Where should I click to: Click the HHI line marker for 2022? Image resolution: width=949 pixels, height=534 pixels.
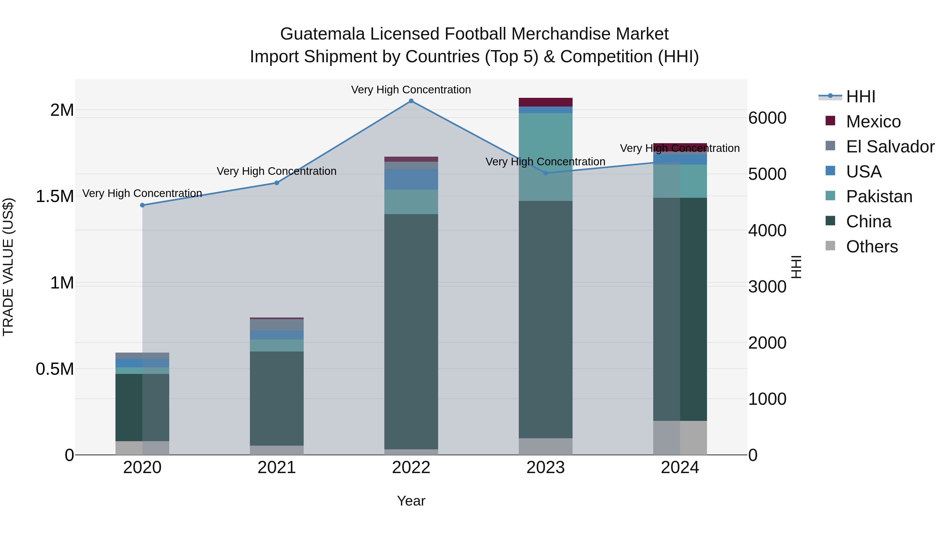(411, 101)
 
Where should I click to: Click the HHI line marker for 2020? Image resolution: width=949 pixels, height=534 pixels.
(142, 205)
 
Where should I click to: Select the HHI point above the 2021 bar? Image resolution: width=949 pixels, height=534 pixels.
(277, 183)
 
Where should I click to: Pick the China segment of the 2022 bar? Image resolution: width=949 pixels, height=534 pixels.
(411, 332)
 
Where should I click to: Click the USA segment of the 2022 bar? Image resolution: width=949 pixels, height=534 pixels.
(411, 179)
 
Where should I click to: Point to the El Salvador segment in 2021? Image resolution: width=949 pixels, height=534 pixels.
(277, 324)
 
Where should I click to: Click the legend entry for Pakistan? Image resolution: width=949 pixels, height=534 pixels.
(879, 196)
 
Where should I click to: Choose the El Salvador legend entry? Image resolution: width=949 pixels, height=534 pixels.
(890, 147)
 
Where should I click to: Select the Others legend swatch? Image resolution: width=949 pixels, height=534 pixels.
(830, 246)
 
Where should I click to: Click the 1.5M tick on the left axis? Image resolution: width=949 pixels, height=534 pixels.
(55, 196)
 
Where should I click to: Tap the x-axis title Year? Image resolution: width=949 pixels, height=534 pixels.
(411, 501)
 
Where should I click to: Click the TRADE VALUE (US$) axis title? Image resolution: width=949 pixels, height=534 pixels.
(8, 267)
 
